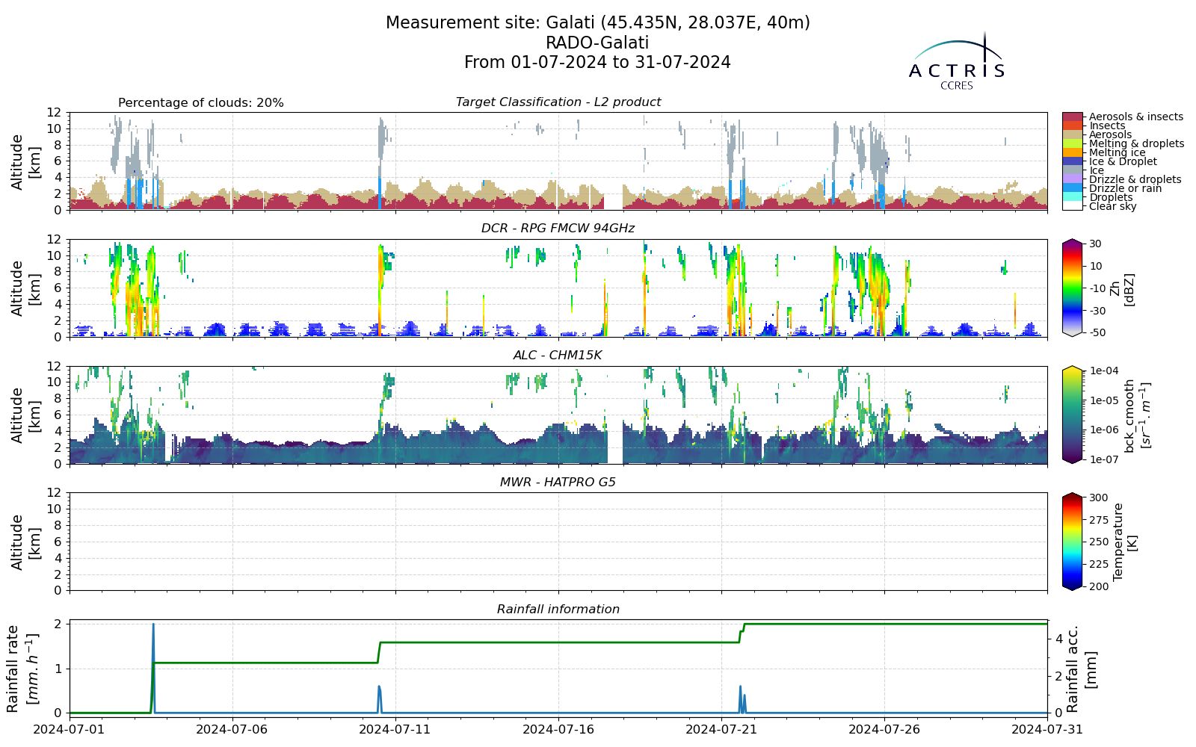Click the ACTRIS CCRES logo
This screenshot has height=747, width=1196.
[x=956, y=61]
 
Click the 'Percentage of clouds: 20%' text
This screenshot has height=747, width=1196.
[x=201, y=103]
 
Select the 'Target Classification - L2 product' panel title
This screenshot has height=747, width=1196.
[x=558, y=102]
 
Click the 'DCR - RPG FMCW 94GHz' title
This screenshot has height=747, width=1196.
[x=558, y=229]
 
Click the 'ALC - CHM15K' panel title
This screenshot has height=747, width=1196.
[x=558, y=356]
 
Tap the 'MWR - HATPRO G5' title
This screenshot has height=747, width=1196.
[x=558, y=483]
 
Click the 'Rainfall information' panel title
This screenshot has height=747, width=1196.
[x=558, y=610]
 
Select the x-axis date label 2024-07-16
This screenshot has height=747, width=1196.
[x=558, y=729]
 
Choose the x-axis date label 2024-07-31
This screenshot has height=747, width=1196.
[x=1047, y=729]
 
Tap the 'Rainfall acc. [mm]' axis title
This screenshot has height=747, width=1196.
[x=1081, y=669]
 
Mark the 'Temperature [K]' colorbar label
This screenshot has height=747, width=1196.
[x=1124, y=542]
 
